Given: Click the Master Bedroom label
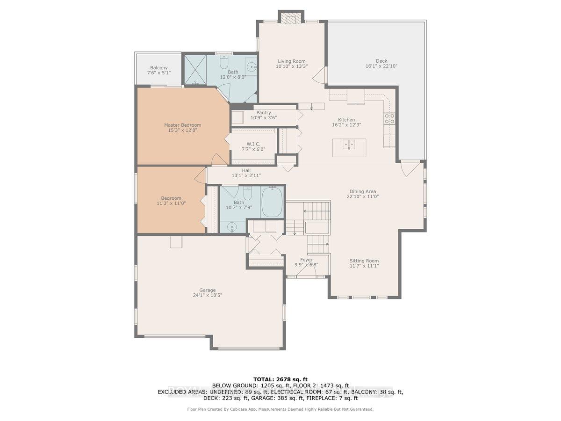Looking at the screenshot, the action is tap(182, 125).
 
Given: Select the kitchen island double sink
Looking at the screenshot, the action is tap(349, 145).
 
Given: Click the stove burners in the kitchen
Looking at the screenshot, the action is tap(389, 119).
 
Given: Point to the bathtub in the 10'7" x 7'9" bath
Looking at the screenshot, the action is tap(272, 202).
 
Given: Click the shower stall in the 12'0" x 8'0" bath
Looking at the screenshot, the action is tap(195, 70).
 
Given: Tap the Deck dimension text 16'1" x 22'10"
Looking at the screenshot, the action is tap(381, 66).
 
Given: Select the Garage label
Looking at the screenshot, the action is tap(207, 290).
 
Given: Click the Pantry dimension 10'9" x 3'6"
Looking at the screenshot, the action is tap(264, 117).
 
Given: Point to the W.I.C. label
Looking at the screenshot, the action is tap(253, 144).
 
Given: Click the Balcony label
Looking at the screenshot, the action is tap(158, 68).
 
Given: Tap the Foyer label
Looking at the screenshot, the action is tap(306, 260).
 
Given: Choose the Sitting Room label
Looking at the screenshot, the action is tap(364, 261).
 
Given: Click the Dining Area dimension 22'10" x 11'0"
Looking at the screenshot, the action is tap(363, 196).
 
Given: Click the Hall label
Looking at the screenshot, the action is tap(246, 170).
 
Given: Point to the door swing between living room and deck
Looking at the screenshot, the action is tap(319, 75).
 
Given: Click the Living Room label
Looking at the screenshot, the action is tap(292, 61).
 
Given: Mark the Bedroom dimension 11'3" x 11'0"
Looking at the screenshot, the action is tap(171, 203).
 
